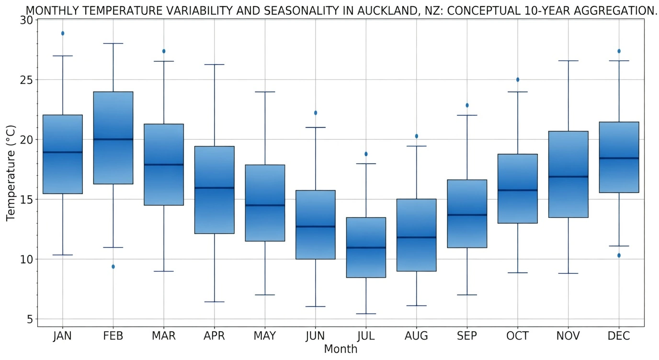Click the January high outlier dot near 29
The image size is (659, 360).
tap(63, 34)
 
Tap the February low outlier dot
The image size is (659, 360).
tap(113, 267)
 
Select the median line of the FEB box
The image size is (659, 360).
tap(113, 139)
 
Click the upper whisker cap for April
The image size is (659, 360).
tap(214, 65)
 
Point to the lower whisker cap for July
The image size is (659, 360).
tap(366, 314)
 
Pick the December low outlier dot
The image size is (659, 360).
tap(619, 256)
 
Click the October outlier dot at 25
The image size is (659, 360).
tap(518, 80)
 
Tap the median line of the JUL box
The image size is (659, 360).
tap(366, 247)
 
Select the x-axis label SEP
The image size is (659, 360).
tap(467, 336)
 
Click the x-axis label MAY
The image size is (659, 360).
tap(265, 336)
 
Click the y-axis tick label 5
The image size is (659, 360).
tap(30, 319)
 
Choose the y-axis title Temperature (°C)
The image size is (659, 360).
tap(11, 173)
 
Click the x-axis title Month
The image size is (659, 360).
tap(341, 349)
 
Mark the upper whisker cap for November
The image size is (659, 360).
tap(568, 61)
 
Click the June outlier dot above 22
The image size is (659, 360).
tap(315, 113)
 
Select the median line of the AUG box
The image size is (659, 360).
tap(416, 237)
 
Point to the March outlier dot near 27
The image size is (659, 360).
tap(164, 51)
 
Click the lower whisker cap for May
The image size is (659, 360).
tap(265, 295)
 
